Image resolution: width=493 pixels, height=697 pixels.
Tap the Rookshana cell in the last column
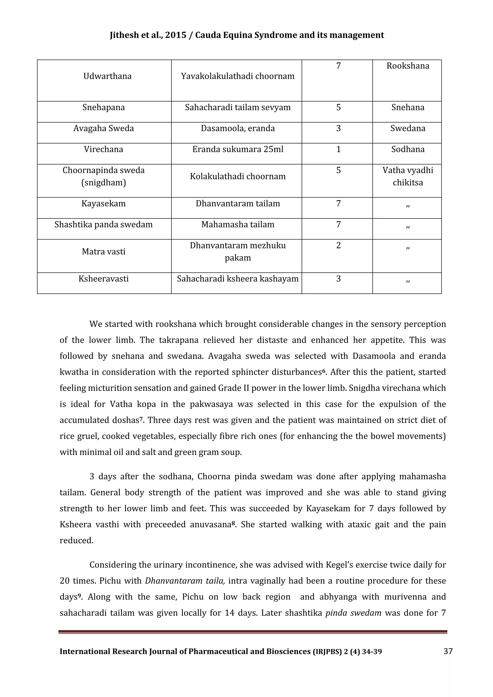[408, 66]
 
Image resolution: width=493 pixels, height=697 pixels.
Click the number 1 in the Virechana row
[338, 149]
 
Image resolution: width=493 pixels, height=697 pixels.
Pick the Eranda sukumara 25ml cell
[238, 149]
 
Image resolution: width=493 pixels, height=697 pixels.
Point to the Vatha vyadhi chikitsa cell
[408, 176]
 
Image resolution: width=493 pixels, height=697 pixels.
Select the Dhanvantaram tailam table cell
[238, 203]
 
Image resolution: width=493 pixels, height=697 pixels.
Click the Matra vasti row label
[104, 252]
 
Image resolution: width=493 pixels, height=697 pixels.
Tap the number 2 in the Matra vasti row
[338, 245]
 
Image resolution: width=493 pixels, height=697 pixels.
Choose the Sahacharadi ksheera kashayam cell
[238, 279]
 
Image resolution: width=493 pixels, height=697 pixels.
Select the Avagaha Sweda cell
[104, 129]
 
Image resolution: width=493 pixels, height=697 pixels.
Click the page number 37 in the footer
[448, 651]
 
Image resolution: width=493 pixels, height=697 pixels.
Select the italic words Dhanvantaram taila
[185, 581]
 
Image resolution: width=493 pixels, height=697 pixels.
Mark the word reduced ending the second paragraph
[76, 541]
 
